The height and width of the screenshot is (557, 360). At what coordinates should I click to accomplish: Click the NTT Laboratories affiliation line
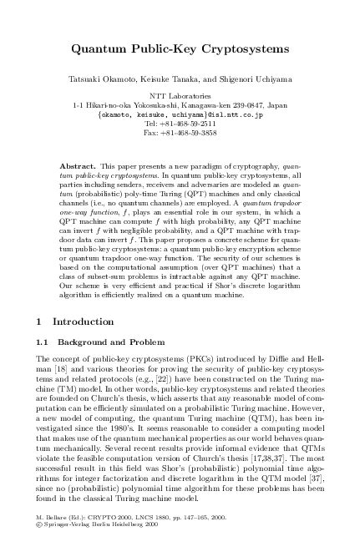(180, 97)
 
